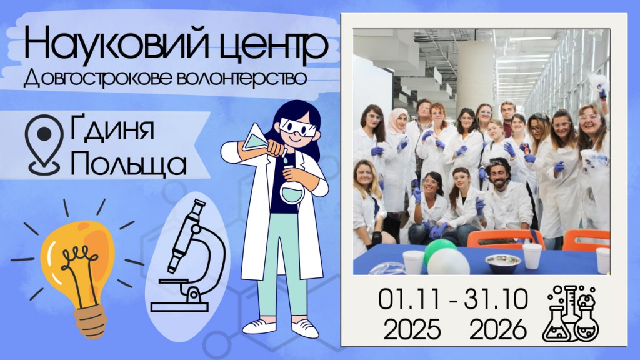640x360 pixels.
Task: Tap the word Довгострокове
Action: [x=96, y=78]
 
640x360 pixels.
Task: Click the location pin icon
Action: [x=44, y=144]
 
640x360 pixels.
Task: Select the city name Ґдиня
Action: [x=112, y=127]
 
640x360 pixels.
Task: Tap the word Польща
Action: [x=128, y=162]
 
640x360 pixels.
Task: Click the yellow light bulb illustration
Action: [x=77, y=269]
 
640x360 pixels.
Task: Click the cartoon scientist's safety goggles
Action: [x=297, y=127]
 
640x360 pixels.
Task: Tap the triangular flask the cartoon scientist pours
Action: [x=256, y=140]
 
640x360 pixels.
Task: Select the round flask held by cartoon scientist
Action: [x=292, y=191]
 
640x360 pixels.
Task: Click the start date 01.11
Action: [x=409, y=299]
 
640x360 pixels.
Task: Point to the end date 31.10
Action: [x=496, y=299]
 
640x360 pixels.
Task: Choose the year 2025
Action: [x=412, y=329]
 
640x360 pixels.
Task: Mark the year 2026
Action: [x=498, y=329]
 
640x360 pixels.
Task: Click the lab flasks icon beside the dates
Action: [x=571, y=314]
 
